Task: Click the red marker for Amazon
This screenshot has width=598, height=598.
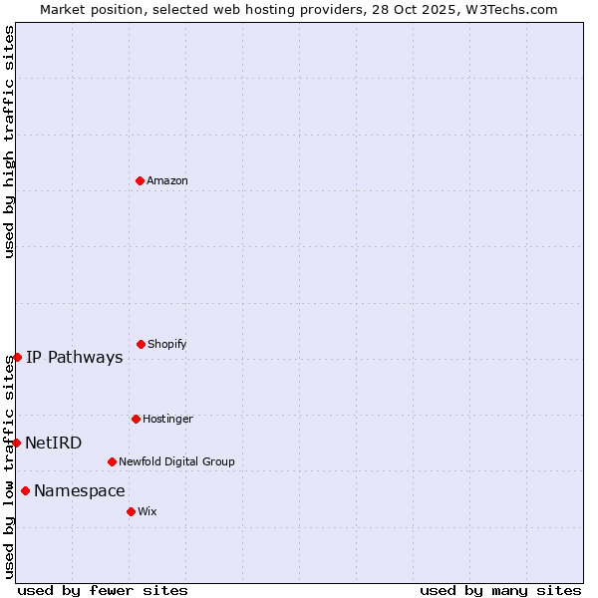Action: [x=140, y=180]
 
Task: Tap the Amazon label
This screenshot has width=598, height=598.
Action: [x=167, y=180]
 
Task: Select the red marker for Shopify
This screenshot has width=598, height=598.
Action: [x=141, y=344]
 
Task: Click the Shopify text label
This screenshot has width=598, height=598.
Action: [x=167, y=344]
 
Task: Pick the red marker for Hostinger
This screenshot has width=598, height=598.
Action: [x=136, y=419]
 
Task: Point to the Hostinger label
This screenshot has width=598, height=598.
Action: [x=167, y=419]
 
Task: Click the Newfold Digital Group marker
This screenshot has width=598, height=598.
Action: [x=112, y=461]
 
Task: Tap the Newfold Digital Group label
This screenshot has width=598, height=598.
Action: [x=176, y=461]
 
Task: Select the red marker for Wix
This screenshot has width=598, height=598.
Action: [x=131, y=511]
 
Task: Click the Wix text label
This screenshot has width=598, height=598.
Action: [x=148, y=511]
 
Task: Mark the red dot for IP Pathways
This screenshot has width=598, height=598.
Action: [x=17, y=357]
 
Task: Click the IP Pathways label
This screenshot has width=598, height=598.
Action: [x=75, y=358]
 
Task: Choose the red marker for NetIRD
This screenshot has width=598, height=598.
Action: [x=16, y=443]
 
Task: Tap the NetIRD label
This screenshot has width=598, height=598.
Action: [x=54, y=444]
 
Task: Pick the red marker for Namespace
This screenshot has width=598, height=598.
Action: [x=25, y=490]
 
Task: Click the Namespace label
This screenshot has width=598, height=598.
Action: [x=80, y=491]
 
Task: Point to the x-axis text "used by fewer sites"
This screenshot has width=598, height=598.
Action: [x=103, y=590]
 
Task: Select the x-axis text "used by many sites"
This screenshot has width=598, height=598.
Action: [x=500, y=590]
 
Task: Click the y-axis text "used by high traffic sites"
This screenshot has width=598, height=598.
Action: [x=9, y=142]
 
